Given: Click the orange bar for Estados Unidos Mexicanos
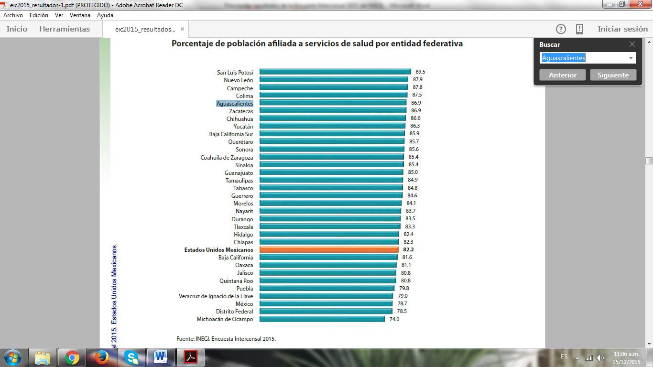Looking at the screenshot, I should click(x=329, y=249).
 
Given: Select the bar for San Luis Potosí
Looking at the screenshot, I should click(x=335, y=72).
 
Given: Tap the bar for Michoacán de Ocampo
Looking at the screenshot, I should click(x=322, y=319).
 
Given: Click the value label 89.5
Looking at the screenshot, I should click(x=420, y=72).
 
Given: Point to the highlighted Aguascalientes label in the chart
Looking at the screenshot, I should click(x=235, y=103).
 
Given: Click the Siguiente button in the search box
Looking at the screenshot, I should click(x=613, y=75).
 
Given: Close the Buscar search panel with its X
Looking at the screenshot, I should click(x=632, y=44).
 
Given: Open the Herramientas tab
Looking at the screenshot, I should click(x=65, y=29).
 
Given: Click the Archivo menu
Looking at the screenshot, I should click(x=13, y=15).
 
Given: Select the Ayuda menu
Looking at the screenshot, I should click(x=105, y=15).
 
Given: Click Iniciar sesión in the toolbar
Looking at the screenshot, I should click(x=622, y=29).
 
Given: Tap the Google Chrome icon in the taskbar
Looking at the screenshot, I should click(x=72, y=357).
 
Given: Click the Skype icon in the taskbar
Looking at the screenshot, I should click(x=131, y=357).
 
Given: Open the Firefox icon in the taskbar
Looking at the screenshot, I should click(x=102, y=357).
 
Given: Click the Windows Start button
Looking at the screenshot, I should click(x=13, y=357).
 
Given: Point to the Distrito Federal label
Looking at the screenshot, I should click(x=234, y=312).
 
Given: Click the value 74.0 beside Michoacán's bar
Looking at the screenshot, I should click(x=394, y=319).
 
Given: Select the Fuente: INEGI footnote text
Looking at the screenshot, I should click(x=226, y=339).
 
